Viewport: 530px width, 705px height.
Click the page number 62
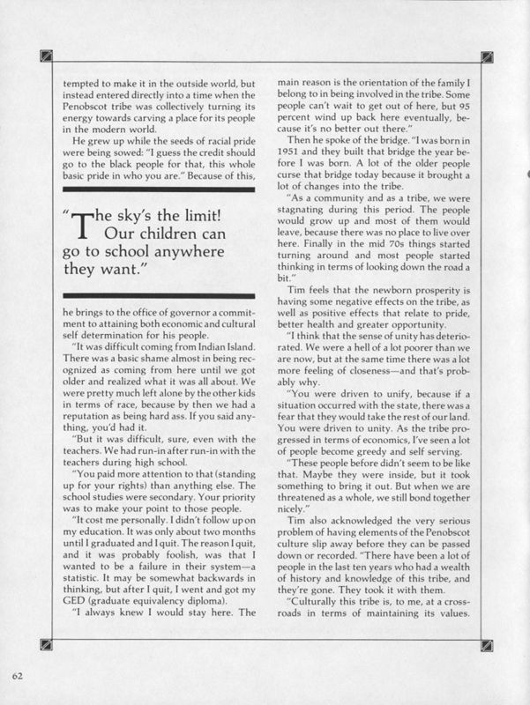click(18, 675)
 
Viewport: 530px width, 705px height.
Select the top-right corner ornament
click(485, 59)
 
